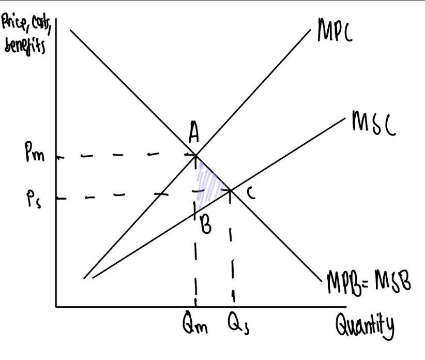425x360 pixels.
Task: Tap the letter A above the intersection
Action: [194, 136]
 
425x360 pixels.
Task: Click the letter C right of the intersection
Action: [250, 192]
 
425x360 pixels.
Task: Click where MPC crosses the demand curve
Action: [195, 154]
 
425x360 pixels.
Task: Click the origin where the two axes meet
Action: [56, 307]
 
